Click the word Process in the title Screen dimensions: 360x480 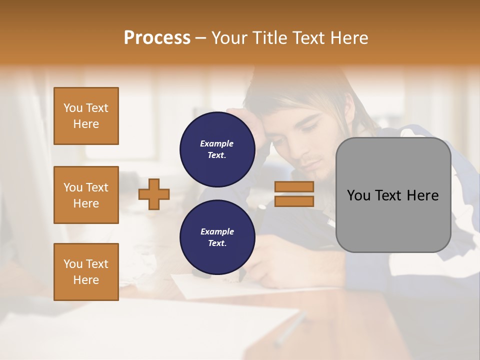coord(157,38)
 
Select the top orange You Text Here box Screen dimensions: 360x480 coord(86,116)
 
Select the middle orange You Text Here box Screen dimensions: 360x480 coord(86,195)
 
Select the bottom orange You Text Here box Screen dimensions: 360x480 coord(86,272)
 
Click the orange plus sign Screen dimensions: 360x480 coord(154,194)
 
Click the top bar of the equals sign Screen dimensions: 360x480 coord(294,187)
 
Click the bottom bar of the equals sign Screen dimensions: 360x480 coord(294,201)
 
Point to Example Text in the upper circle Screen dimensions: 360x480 coord(217,149)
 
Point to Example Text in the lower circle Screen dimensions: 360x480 coord(217,237)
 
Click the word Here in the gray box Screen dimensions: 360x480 coord(423,195)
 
